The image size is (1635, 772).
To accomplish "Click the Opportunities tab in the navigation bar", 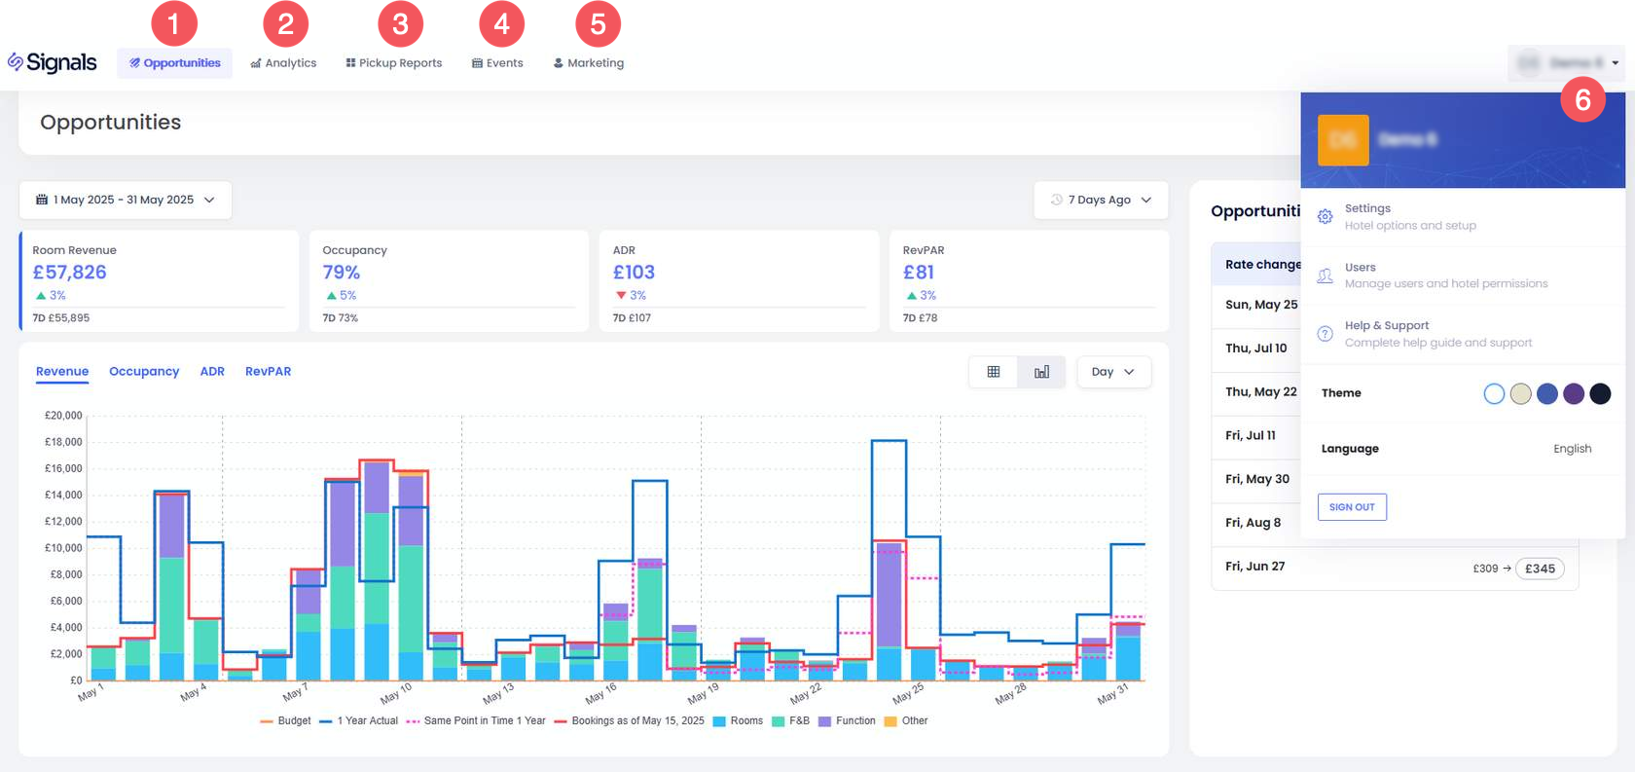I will pos(175,63).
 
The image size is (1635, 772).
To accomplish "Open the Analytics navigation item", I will pos(283,63).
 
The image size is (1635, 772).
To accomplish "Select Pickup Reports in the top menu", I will pos(394,63).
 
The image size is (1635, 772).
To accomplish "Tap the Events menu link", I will pos(497,63).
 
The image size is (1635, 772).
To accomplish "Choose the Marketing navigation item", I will pos(589,63).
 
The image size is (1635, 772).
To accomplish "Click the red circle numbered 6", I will pos(1582,99).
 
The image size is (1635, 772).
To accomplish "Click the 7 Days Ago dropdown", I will pos(1101,200).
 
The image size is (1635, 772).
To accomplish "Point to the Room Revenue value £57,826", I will pos(70,273).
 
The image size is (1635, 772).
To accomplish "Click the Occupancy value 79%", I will pos(342,273).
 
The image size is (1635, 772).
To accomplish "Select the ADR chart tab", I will pos(212,372).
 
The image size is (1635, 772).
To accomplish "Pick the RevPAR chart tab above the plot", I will pos(268,372).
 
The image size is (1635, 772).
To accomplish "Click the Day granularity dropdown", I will pos(1113,372).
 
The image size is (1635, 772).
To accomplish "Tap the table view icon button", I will pos(994,372).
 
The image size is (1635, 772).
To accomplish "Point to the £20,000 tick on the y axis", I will pos(63,416).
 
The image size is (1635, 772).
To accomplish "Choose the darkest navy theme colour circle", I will pos(1600,393).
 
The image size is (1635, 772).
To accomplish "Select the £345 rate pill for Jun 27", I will pos(1540,569).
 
